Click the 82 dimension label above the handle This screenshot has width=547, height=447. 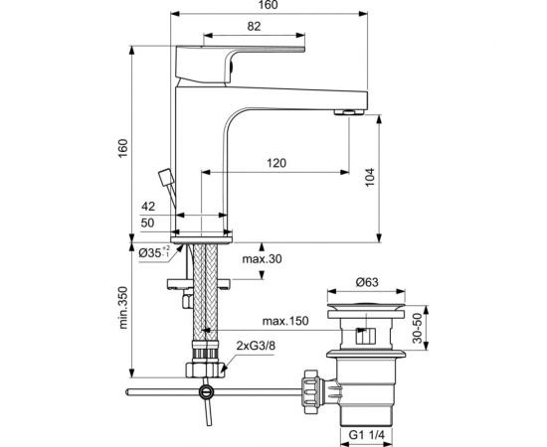click(x=254, y=26)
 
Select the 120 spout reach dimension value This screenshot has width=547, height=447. click(x=276, y=163)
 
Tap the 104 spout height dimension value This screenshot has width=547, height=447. click(x=370, y=178)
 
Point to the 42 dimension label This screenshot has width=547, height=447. click(x=148, y=207)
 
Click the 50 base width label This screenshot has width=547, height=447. click(x=147, y=223)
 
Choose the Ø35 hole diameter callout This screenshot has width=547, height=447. click(x=154, y=252)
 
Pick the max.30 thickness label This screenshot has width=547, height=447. click(x=262, y=259)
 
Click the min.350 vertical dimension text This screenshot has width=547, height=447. click(x=123, y=308)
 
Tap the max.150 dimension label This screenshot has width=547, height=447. click(x=285, y=321)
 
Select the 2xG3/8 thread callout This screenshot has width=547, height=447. click(x=256, y=346)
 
